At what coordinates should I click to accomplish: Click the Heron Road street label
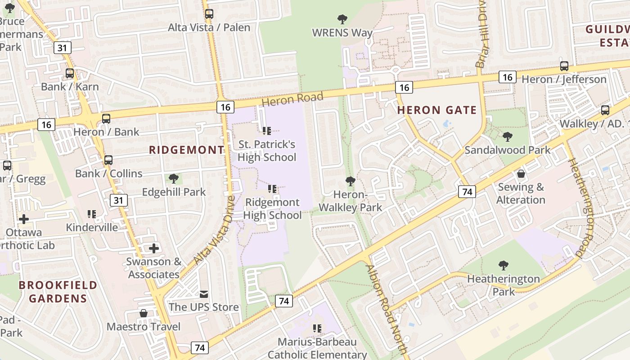tap(292, 99)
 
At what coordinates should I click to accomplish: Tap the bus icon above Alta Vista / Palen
tap(209, 14)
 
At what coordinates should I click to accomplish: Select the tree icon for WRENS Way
tap(342, 19)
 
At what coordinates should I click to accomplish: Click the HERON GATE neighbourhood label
tap(436, 110)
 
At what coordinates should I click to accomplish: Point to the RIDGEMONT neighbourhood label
tap(186, 150)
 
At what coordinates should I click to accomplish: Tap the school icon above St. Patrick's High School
tap(266, 131)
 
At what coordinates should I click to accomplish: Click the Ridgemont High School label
tap(272, 209)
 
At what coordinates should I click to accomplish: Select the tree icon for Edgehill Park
tap(174, 179)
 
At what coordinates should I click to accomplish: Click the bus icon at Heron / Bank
tap(106, 119)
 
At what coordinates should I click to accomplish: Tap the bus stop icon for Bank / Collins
tap(108, 160)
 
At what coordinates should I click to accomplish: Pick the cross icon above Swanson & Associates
tap(154, 248)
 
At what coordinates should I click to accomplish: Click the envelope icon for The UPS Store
tap(204, 294)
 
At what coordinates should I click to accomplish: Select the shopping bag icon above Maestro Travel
tap(144, 313)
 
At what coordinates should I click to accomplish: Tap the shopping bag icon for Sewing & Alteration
tap(521, 174)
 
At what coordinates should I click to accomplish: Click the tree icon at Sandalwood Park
tap(508, 137)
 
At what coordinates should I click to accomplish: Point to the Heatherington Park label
tap(503, 285)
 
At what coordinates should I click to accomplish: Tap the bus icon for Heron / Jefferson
tap(564, 66)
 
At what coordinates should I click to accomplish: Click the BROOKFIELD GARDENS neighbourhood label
tap(58, 292)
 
